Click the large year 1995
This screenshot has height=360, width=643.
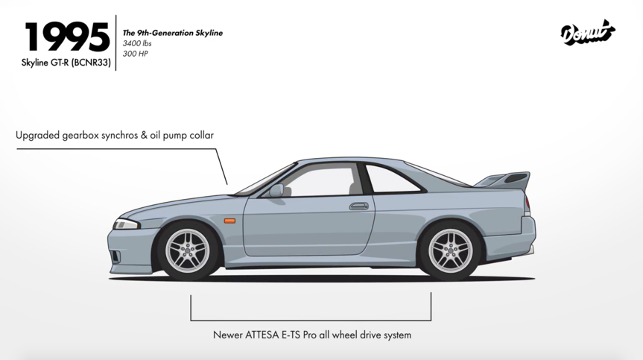(x=67, y=37)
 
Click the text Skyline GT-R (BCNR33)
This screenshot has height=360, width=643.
(x=66, y=63)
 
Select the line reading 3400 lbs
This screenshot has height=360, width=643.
(x=137, y=43)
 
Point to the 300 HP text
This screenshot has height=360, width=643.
(x=136, y=54)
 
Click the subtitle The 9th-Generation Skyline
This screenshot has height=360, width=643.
(x=173, y=33)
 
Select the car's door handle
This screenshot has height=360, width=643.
(x=359, y=206)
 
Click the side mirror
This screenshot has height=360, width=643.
(x=276, y=190)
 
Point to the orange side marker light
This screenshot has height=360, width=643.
(x=229, y=221)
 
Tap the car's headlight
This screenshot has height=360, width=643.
(x=126, y=224)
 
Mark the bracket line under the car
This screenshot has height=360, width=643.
(x=311, y=320)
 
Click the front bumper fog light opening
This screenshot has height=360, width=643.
(x=116, y=257)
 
